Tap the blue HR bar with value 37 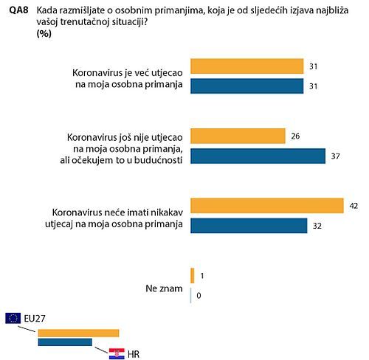258,156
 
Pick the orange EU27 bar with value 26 238,136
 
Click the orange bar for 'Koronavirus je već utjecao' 247,66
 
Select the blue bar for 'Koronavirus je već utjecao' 247,86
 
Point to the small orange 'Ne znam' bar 192,275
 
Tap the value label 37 334,156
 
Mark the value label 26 295,136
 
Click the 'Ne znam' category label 163,286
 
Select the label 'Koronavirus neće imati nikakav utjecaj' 119,216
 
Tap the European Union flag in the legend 13,318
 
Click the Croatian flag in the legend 117,353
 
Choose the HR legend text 134,353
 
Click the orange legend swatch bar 77,333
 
